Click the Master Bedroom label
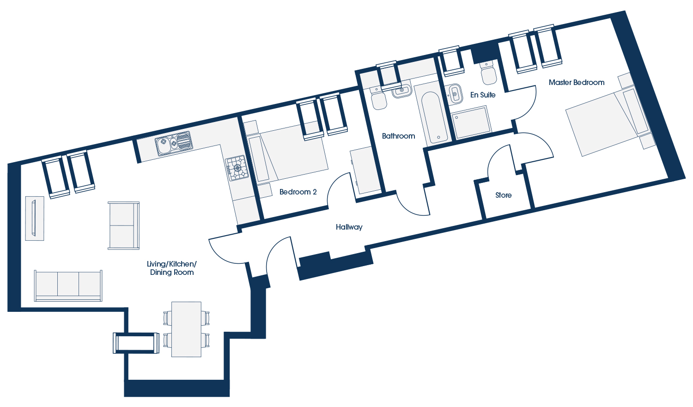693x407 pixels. [x=577, y=83]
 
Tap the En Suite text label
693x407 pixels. [x=483, y=95]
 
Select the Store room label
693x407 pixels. [x=504, y=195]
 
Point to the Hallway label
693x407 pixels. [x=349, y=227]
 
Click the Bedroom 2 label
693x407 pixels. [x=298, y=192]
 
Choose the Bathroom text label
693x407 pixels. [x=398, y=136]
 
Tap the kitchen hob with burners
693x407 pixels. [x=237, y=168]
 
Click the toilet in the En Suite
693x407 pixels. [x=488, y=73]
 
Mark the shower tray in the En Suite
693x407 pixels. [x=472, y=122]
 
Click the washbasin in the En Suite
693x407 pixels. [x=454, y=94]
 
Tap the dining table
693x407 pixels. [x=186, y=329]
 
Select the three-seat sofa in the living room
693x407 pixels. [x=68, y=286]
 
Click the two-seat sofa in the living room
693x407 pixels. [x=123, y=225]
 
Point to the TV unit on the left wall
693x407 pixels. [x=34, y=219]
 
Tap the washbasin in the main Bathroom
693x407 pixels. [x=401, y=90]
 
